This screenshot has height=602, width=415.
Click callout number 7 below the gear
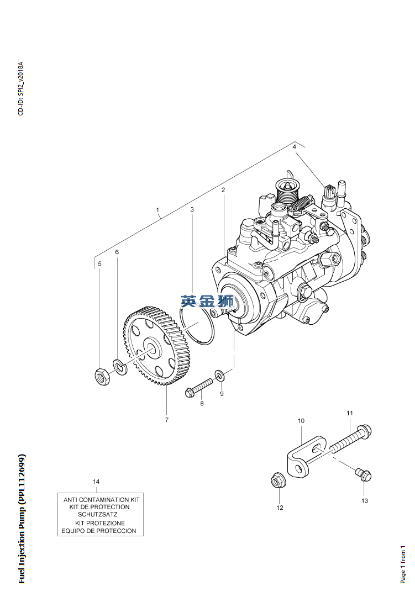(166, 420)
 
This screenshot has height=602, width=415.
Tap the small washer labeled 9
(219, 376)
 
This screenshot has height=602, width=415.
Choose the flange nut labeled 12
(279, 481)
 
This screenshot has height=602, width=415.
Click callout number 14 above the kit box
(96, 482)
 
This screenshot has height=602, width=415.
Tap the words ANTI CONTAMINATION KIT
(102, 499)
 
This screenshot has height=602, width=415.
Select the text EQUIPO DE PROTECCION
(101, 531)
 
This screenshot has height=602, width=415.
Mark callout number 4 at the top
(295, 147)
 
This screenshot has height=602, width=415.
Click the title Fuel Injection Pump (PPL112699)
(22, 519)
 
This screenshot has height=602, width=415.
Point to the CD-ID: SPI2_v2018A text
(20, 88)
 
